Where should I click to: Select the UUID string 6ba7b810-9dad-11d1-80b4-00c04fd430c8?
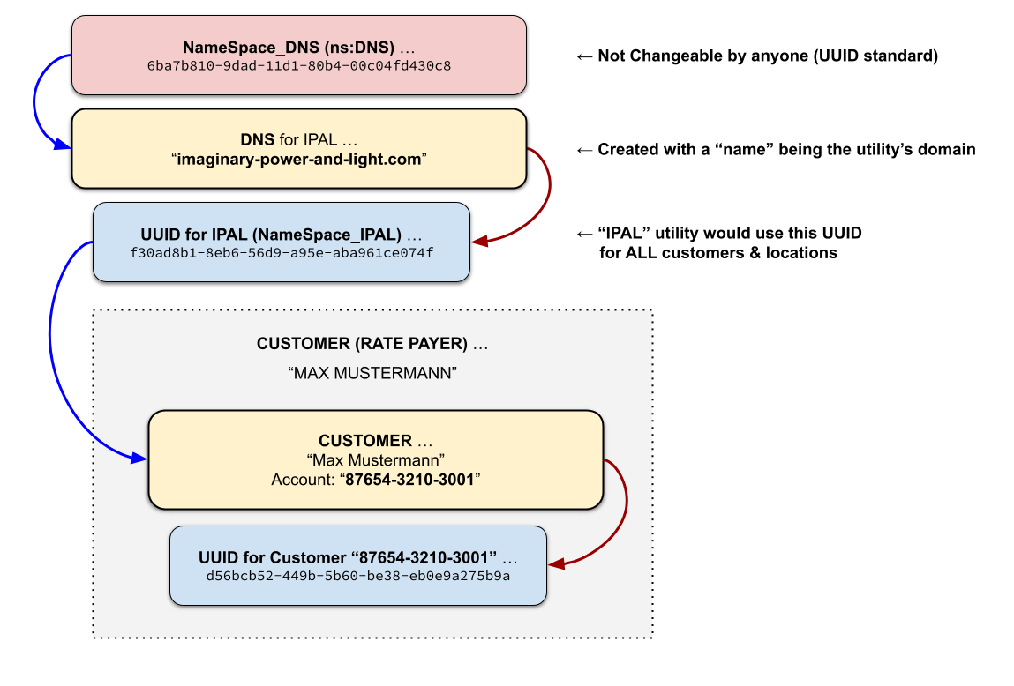click(299, 65)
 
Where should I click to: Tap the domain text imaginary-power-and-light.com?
click(299, 159)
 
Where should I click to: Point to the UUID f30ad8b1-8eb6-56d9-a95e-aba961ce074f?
click(282, 252)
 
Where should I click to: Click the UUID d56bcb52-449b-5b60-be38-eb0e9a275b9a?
click(358, 576)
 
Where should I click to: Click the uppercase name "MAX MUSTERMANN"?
click(372, 373)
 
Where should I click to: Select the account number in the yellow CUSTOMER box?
click(409, 481)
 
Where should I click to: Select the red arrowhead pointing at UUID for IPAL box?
click(479, 241)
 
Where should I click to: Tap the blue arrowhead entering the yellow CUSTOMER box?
click(139, 459)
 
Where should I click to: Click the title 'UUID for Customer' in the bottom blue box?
click(348, 557)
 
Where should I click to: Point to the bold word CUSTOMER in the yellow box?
click(365, 440)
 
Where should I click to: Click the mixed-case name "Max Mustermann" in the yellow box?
click(375, 460)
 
